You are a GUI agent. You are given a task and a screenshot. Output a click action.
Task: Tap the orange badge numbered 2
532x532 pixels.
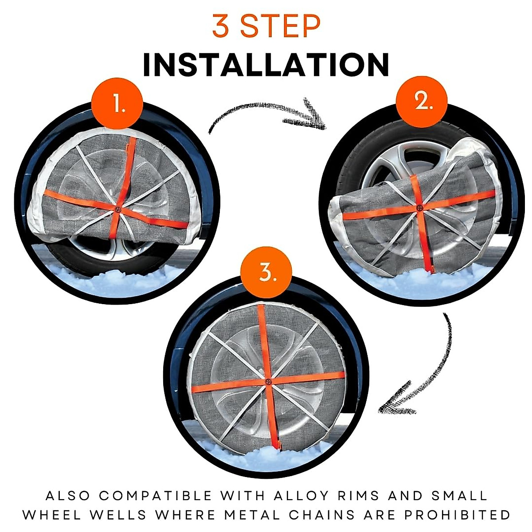click(x=422, y=102)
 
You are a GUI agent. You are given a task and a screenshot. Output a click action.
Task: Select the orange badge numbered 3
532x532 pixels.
click(x=266, y=273)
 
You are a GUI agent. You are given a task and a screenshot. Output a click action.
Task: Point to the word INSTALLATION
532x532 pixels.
click(x=266, y=65)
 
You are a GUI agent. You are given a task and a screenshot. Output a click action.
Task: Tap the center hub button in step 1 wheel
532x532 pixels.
click(x=117, y=209)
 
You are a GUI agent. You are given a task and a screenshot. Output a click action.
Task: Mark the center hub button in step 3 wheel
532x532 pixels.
click(x=268, y=381)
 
